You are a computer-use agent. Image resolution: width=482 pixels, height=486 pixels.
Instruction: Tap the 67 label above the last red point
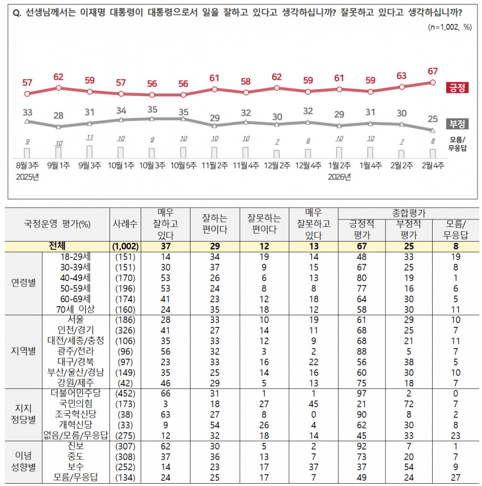[x=433, y=71]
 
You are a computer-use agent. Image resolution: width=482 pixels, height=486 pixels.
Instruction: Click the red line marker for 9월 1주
[x=58, y=88]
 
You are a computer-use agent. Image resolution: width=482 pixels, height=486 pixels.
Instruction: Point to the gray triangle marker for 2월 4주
[x=433, y=130]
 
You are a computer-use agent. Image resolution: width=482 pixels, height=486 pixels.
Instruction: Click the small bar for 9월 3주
[x=90, y=151]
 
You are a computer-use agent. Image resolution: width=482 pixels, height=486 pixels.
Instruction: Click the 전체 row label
[x=60, y=246]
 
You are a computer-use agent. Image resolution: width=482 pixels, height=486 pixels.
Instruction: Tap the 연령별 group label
[x=24, y=282]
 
